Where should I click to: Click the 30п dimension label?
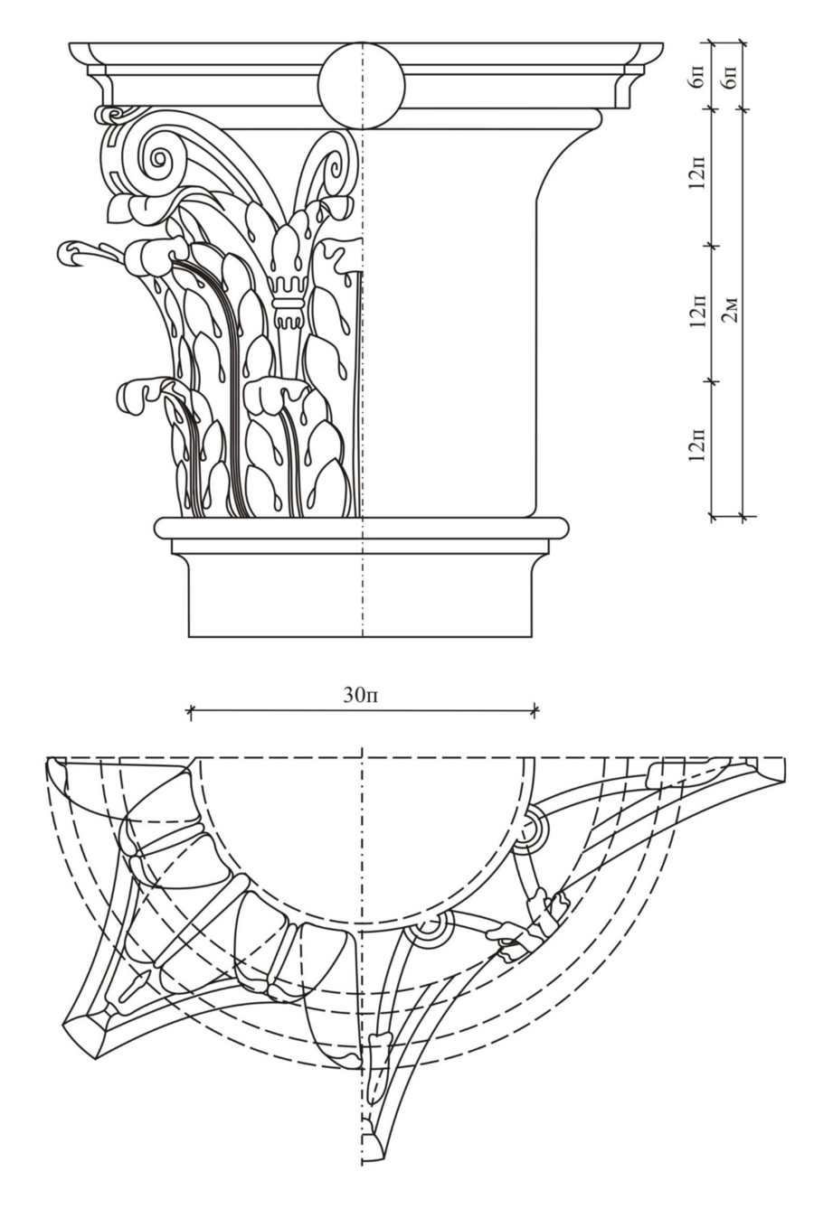pyautogui.click(x=362, y=695)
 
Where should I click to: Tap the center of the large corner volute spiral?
pyautogui.click(x=159, y=160)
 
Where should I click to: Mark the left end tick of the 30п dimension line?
pyautogui.click(x=190, y=712)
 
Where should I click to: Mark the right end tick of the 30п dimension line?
pyautogui.click(x=535, y=712)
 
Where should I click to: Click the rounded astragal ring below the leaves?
pyautogui.click(x=362, y=527)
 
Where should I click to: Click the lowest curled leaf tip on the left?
pyautogui.click(x=131, y=398)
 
